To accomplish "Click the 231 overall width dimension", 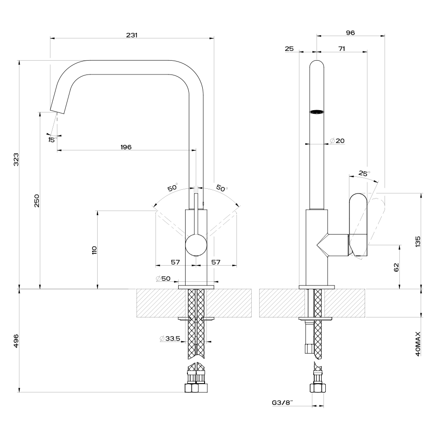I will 131,35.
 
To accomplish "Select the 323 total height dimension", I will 16,160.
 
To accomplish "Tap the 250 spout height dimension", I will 37,200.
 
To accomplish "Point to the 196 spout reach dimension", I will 126,147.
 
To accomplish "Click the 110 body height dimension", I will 95,250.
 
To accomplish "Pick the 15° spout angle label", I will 52,138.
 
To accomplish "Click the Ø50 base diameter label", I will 163,279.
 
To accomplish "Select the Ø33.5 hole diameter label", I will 171,339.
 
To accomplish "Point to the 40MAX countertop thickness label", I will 417,343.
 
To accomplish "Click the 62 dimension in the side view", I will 396,267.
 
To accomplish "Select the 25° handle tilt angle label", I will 364,174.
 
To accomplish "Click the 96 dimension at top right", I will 350,32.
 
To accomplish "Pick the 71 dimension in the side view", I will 342,48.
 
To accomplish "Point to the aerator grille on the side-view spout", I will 317,112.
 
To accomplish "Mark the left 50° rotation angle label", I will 173,188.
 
